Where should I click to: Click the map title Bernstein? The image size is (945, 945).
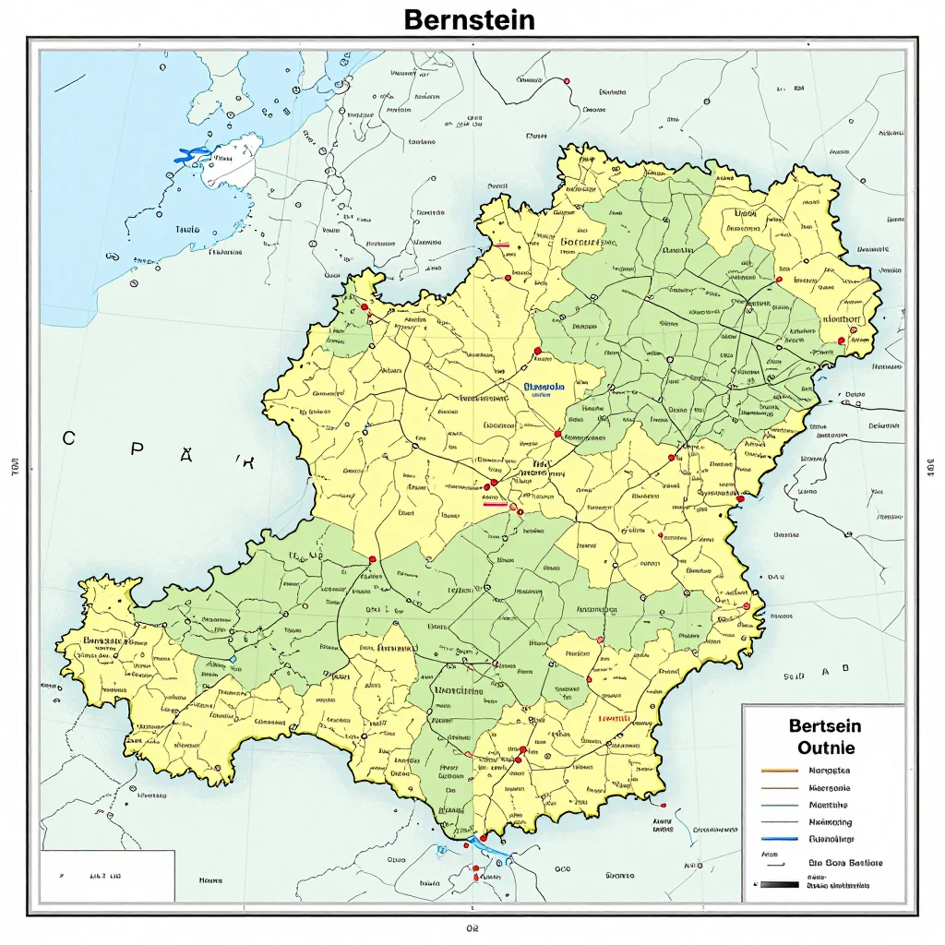(469, 19)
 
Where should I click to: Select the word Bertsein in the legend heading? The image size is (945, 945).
(825, 726)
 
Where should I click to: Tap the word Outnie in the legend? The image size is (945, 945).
(825, 748)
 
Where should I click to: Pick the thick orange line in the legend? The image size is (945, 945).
(780, 770)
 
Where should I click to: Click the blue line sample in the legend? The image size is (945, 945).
(780, 839)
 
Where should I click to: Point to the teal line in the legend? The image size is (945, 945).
(780, 805)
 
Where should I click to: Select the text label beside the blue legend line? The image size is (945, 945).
(831, 839)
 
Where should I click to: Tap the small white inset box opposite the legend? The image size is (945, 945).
(107, 875)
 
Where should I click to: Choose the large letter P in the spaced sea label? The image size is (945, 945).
(136, 449)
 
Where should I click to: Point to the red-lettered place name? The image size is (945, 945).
(614, 718)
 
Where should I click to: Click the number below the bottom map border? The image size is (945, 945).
(472, 927)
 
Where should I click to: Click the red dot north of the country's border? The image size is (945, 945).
(566, 81)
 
